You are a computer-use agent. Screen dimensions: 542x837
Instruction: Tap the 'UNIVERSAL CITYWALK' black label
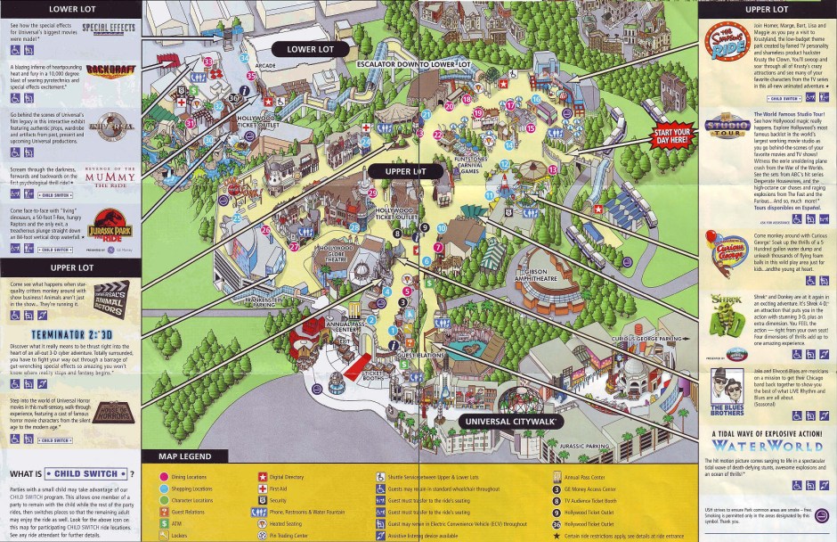pyautogui.click(x=510, y=421)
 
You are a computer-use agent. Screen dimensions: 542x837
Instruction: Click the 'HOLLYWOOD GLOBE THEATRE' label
pyautogui.click(x=337, y=254)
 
